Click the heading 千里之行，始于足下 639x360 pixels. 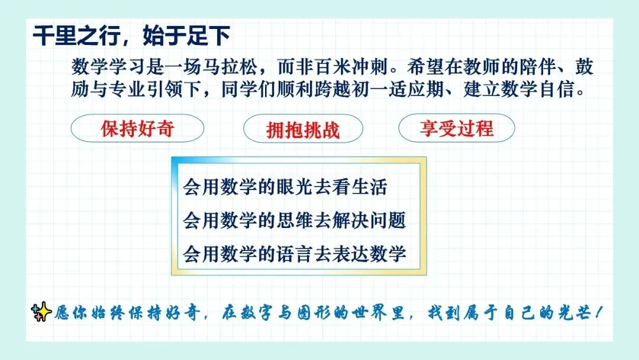tap(131, 36)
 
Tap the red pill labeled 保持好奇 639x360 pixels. tap(137, 128)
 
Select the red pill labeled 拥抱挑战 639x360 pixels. tap(303, 129)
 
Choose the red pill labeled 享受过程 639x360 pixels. tap(456, 128)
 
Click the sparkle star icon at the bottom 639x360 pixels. tap(41, 312)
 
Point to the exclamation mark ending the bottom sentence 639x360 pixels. tap(598, 313)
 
